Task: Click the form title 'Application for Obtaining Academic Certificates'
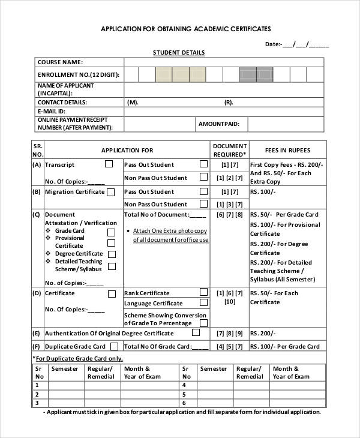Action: [185, 28]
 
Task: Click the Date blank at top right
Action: [305, 44]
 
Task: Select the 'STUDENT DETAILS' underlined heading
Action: [179, 53]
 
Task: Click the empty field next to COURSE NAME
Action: [223, 62]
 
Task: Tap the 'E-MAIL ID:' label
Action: [52, 112]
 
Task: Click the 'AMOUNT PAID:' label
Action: [218, 124]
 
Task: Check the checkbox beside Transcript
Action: [109, 163]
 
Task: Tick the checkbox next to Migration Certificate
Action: [110, 192]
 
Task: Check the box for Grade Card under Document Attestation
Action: [111, 232]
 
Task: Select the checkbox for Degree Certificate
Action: [111, 254]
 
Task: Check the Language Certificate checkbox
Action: [203, 302]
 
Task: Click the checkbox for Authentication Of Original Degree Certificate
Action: [196, 332]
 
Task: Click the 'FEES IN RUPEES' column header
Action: [288, 150]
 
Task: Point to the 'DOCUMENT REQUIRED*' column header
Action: [229, 150]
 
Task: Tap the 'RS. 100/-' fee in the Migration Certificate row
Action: [262, 192]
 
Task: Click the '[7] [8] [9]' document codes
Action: [229, 334]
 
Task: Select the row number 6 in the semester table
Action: [185, 403]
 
